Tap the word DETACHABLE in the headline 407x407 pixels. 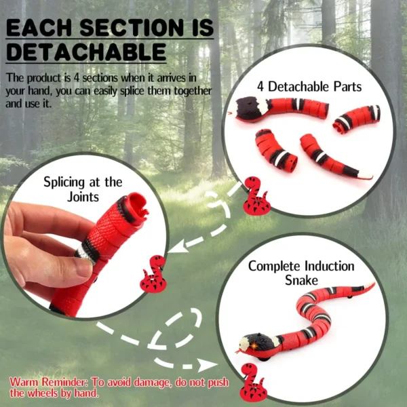click(85, 52)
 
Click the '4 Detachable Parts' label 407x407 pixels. click(308, 86)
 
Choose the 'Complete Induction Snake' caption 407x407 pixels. click(301, 272)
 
